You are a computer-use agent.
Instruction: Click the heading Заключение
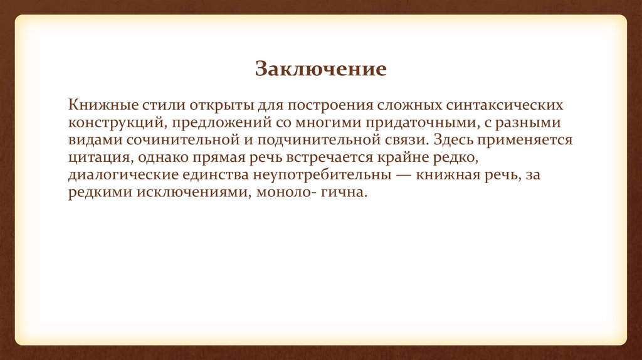click(320, 68)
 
